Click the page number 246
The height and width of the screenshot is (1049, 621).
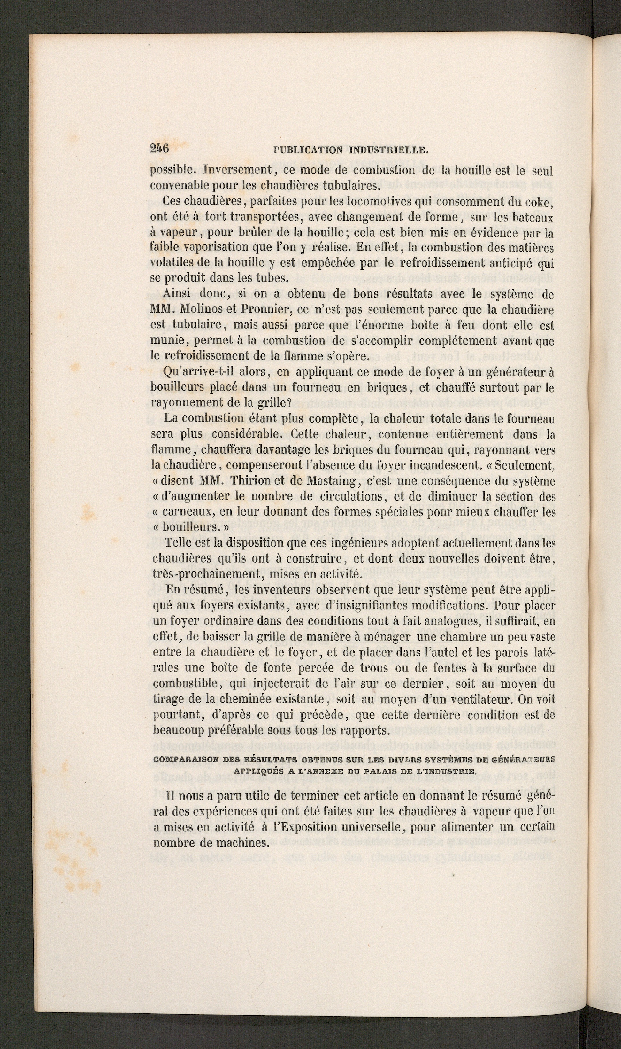coord(159,149)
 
